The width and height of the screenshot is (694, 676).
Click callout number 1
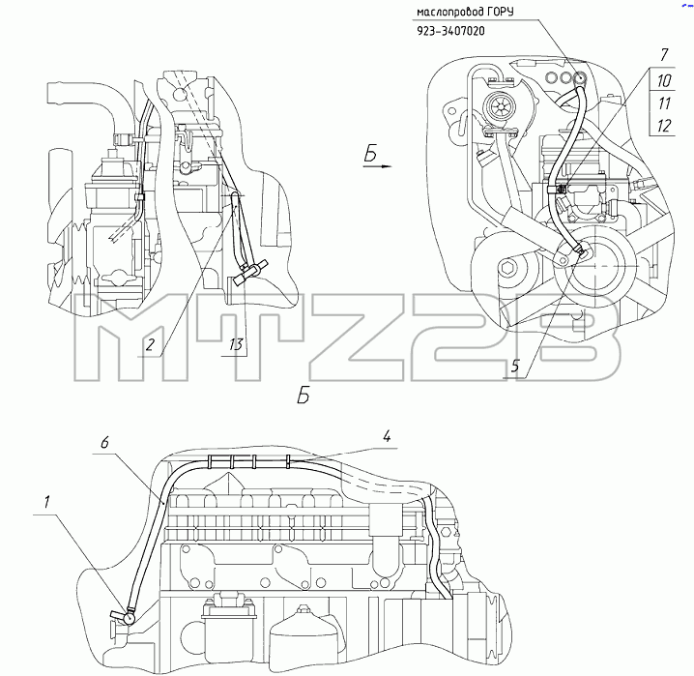[46, 502]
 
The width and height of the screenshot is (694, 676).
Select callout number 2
[150, 344]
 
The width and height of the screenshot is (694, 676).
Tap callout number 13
[236, 344]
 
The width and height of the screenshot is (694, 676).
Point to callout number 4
[387, 437]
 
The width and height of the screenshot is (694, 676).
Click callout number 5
[515, 367]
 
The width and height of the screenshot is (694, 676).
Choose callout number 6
[104, 442]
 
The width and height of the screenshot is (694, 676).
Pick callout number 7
[663, 55]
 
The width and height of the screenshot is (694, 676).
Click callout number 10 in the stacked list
[663, 81]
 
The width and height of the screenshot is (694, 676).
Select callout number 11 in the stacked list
[663, 103]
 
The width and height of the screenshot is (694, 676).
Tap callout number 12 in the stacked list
[663, 126]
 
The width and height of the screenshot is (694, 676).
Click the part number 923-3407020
[450, 31]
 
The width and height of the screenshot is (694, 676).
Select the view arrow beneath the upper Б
[378, 166]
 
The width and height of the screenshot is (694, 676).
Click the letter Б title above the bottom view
[304, 396]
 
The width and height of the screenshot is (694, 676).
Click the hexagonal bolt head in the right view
[507, 268]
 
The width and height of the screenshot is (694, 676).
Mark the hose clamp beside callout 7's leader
[557, 189]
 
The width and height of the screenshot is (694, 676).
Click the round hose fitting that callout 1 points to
[130, 617]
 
